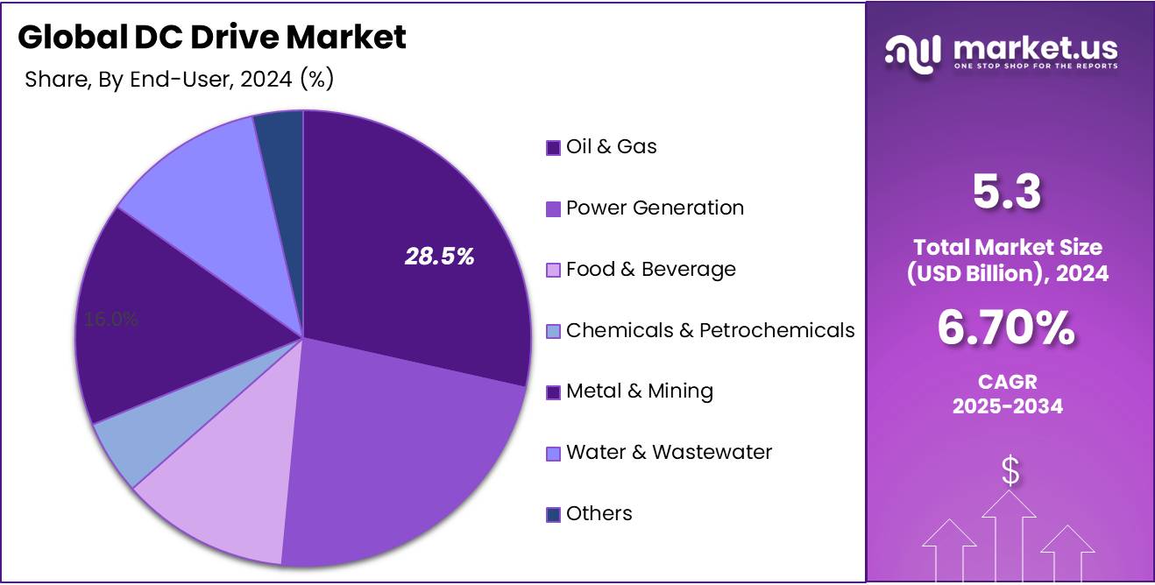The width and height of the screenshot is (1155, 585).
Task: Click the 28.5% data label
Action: pyautogui.click(x=439, y=257)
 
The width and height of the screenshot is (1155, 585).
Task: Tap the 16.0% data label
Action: pyautogui.click(x=111, y=320)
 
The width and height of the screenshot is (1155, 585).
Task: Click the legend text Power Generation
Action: pyautogui.click(x=655, y=208)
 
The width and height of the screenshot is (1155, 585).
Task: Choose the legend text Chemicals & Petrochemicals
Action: pyautogui.click(x=710, y=330)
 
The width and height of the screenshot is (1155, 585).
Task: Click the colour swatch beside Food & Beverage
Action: pyautogui.click(x=553, y=270)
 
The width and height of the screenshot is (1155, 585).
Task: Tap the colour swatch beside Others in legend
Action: pyautogui.click(x=553, y=514)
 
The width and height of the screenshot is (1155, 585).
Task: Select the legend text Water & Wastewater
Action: pyautogui.click(x=669, y=452)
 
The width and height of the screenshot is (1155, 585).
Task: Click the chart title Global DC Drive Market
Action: pyautogui.click(x=212, y=37)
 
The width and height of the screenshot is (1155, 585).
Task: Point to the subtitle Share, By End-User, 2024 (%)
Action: pyautogui.click(x=180, y=80)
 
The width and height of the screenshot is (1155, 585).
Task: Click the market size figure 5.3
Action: pyautogui.click(x=1007, y=194)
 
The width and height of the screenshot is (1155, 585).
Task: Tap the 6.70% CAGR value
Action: pyautogui.click(x=1007, y=329)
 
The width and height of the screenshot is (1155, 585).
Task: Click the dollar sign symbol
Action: pyautogui.click(x=1010, y=472)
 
